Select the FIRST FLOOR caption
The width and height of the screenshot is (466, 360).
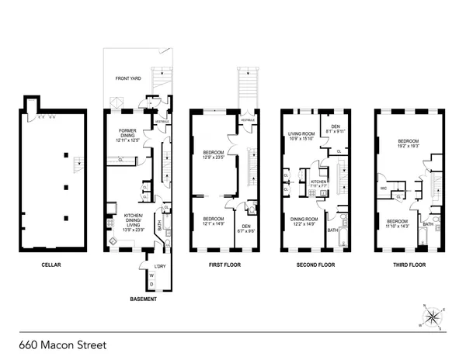[226, 265]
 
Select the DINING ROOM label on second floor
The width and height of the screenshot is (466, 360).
[304, 221]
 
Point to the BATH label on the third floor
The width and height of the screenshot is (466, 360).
[428, 224]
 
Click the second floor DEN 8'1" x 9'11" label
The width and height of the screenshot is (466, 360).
[336, 129]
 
